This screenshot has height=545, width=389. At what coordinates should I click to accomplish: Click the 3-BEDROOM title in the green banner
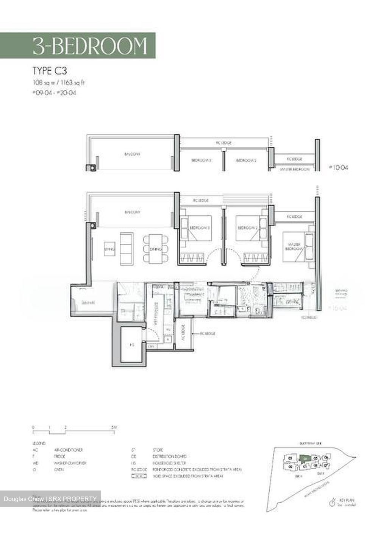point(90,46)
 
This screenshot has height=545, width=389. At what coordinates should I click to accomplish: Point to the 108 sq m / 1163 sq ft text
point(56,82)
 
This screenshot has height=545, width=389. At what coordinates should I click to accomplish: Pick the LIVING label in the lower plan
point(109,249)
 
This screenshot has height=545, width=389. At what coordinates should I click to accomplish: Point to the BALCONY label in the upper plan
point(133,154)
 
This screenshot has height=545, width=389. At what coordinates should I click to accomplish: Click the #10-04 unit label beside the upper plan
point(338,167)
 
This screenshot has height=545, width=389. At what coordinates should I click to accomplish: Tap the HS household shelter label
point(132,345)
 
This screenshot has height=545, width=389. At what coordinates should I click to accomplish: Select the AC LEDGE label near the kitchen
point(182,333)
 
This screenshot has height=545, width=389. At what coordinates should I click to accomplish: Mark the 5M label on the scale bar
point(114,427)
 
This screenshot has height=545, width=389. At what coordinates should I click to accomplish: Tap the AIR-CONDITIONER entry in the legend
point(69,450)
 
